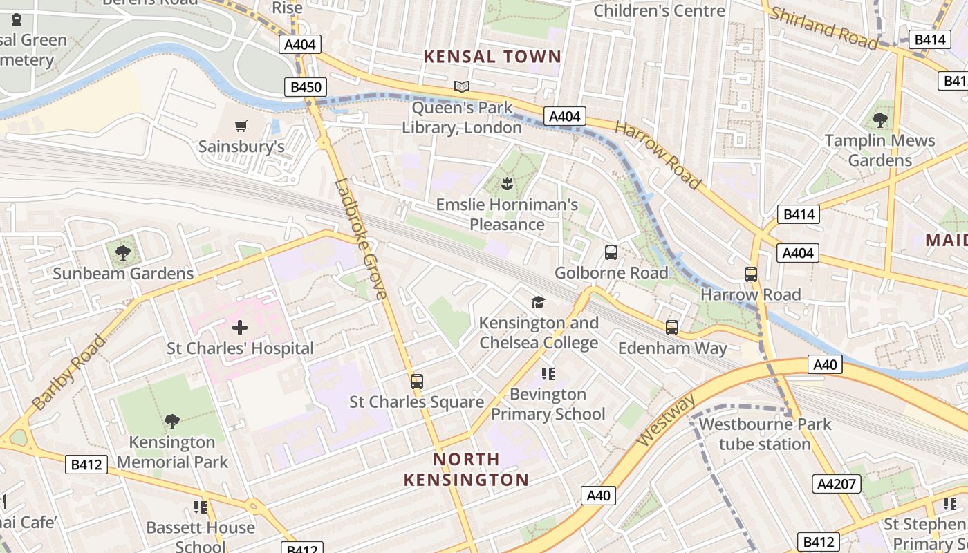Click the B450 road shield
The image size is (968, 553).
305,86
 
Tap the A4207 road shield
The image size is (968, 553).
837,484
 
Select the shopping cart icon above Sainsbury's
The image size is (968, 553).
241,126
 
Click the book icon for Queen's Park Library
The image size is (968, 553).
461,86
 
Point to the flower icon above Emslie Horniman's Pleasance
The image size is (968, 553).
507,184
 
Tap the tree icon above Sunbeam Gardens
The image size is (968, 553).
123,253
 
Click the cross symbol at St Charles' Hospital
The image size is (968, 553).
240,327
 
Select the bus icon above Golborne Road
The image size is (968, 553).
611,252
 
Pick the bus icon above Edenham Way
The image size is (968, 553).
671,328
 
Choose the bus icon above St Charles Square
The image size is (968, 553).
416,381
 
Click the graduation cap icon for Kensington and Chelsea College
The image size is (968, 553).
538,302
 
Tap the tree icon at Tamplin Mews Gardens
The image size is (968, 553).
880,120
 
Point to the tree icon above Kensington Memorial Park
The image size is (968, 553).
172,421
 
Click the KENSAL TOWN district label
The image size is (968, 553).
492,57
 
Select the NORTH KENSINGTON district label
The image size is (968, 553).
466,469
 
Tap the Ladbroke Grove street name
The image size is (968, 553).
360,238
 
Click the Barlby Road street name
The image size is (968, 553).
69,373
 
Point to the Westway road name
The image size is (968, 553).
664,421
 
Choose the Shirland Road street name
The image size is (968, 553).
823,28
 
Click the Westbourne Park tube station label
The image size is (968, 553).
765,433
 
